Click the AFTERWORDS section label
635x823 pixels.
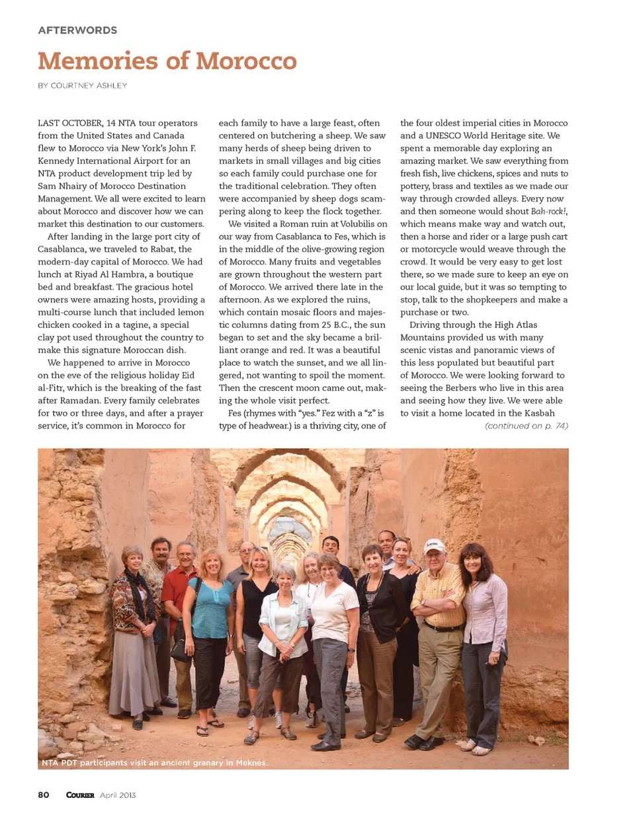[77, 30]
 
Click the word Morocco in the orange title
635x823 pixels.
[246, 61]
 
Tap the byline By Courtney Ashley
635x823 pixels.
[83, 85]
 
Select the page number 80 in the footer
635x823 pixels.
[44, 795]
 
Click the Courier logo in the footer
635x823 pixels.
[80, 795]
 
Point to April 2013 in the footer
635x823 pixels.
[118, 795]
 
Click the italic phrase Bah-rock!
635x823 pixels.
[549, 212]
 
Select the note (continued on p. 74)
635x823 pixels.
[527, 426]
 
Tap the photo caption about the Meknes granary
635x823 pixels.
[154, 762]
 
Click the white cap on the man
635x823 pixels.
[435, 545]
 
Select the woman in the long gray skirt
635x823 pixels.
[134, 635]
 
